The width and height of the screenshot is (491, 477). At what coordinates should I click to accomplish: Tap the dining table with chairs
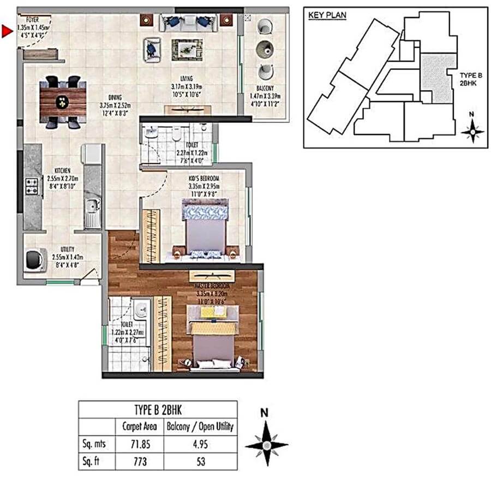(63, 102)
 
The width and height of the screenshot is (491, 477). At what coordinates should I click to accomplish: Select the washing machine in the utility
(35, 260)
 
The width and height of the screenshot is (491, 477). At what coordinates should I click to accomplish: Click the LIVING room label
(190, 78)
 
